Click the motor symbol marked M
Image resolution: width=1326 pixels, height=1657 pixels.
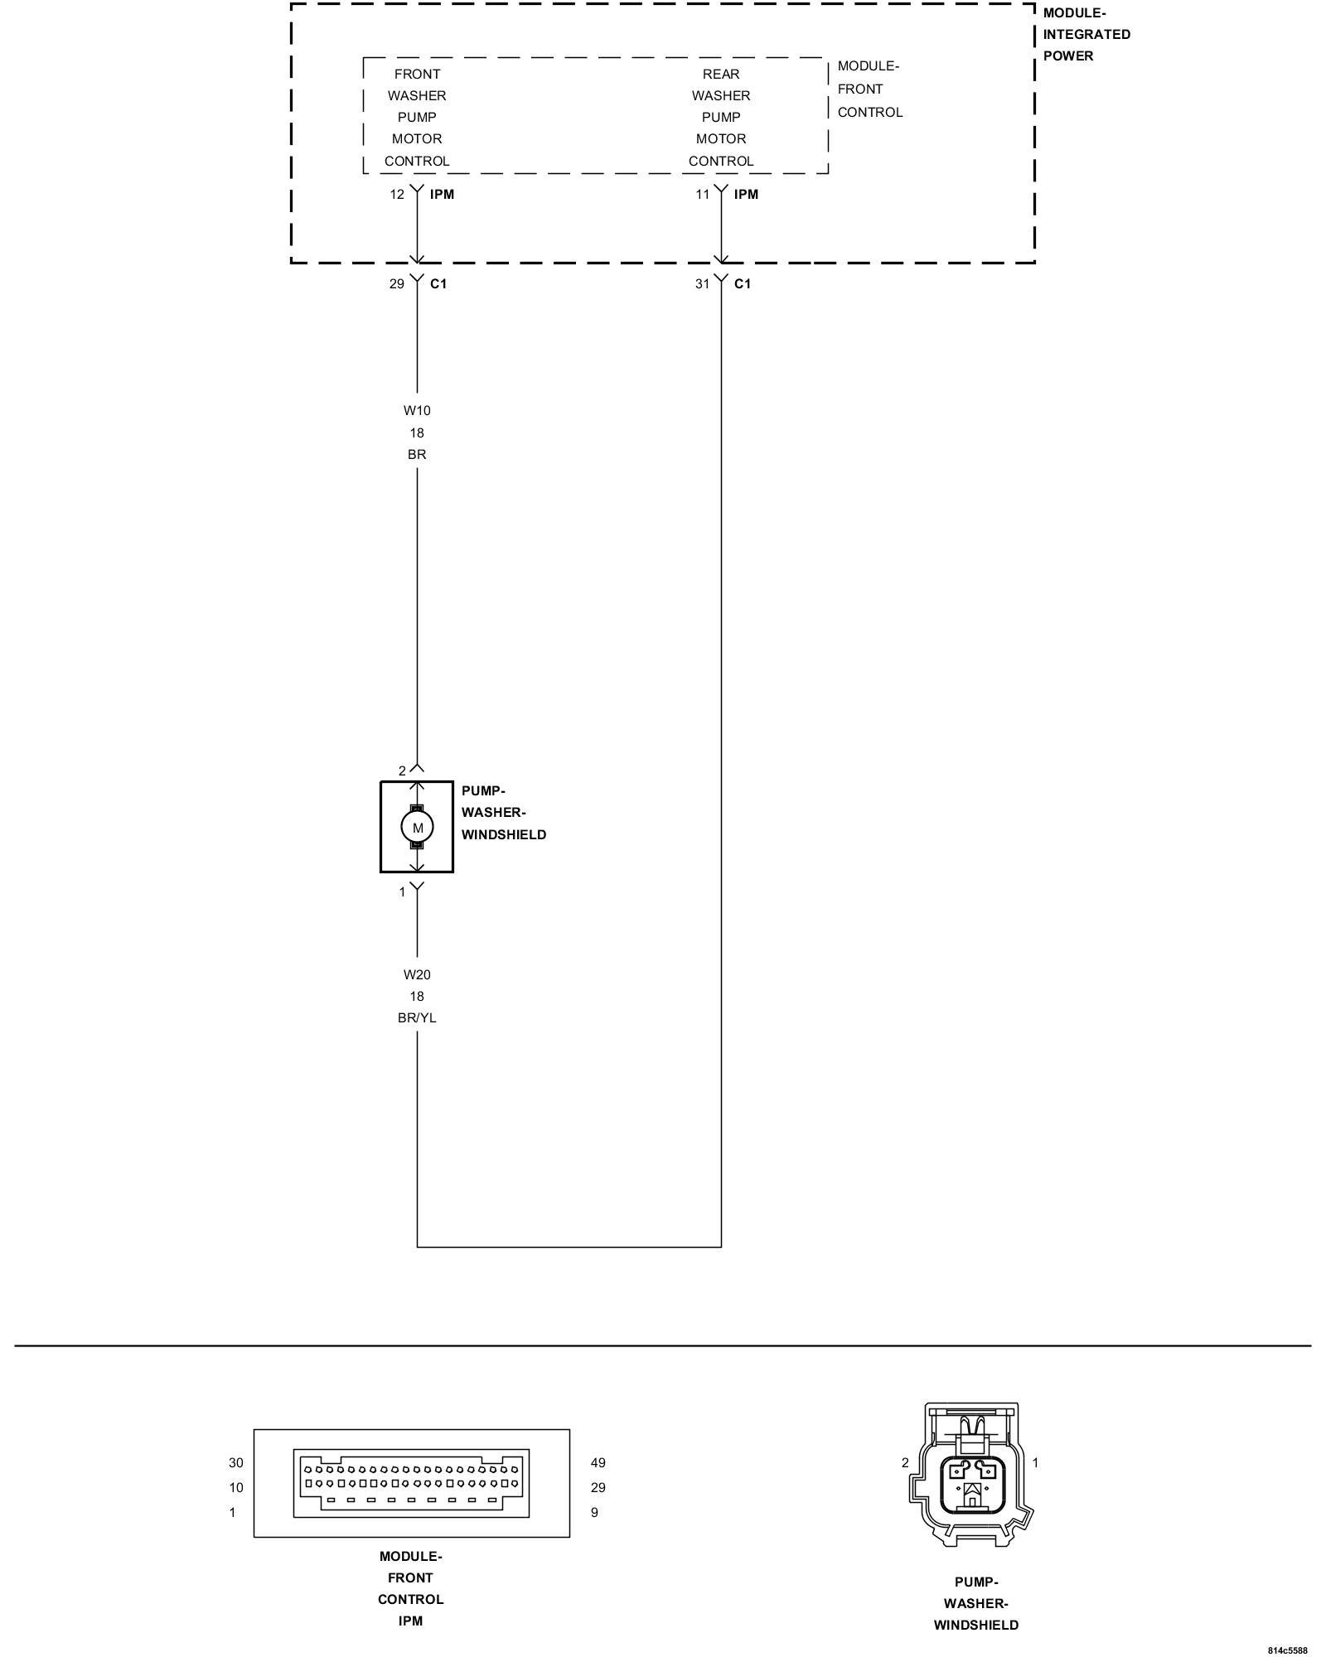[417, 827]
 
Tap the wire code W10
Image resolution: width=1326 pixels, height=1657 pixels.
[417, 410]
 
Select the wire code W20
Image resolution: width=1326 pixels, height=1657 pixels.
[417, 974]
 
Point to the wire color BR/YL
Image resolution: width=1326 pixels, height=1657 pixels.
[417, 1018]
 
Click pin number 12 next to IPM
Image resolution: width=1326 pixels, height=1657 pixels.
[397, 195]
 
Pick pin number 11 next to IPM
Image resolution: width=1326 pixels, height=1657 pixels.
[702, 195]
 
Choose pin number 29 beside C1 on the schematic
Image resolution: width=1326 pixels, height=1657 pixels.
[397, 284]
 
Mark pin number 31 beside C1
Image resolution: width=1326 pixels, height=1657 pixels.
[702, 284]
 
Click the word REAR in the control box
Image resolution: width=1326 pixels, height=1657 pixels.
[721, 75]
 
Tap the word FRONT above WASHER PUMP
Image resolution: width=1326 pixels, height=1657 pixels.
[417, 75]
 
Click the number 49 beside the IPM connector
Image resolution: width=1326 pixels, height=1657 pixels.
[598, 1463]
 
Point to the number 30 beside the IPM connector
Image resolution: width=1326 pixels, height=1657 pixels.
[236, 1463]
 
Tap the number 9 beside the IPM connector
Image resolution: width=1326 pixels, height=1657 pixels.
[594, 1513]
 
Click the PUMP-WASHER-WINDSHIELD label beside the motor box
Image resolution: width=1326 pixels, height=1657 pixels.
[503, 813]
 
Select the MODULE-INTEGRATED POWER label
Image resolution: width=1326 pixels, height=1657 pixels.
[1086, 35]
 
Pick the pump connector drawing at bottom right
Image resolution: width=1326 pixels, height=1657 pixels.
[970, 1475]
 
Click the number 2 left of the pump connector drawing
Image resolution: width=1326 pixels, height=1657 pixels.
[905, 1463]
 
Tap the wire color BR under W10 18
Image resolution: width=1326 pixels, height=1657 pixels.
[417, 455]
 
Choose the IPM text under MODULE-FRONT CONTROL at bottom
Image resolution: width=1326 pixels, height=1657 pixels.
[410, 1621]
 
